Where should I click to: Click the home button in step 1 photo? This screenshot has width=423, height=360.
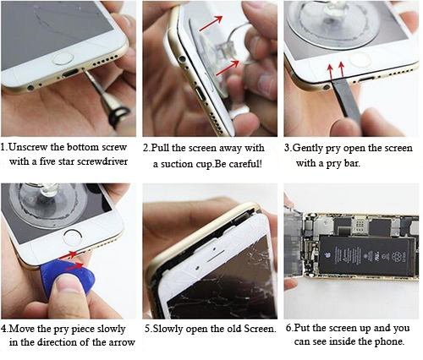63,58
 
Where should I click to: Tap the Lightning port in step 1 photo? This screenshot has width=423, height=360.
69,74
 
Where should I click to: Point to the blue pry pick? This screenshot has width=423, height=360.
68,276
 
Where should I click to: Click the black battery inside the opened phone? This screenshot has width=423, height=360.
367,256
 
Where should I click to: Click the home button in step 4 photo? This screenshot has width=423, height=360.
73,236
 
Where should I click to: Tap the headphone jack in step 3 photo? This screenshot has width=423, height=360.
327,87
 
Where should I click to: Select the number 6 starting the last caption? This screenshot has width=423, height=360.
288,328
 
